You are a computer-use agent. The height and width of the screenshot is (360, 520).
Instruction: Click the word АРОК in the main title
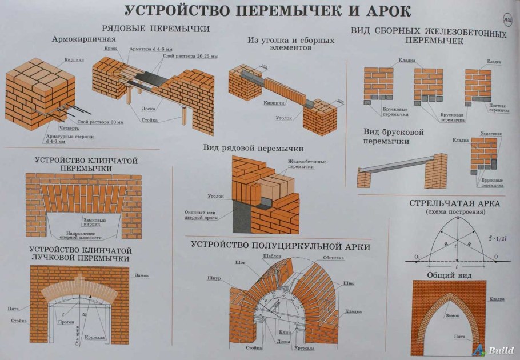pyautogui.click(x=384, y=11)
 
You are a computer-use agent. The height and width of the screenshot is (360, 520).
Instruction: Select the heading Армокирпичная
pyautogui.click(x=83, y=39)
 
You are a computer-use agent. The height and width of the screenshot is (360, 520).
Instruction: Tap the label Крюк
pyautogui.click(x=111, y=50)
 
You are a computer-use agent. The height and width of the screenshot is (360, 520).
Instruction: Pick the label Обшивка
pyautogui.click(x=333, y=258)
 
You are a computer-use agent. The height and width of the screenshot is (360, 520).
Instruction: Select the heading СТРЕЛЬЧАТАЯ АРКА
pyautogui.click(x=455, y=203)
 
